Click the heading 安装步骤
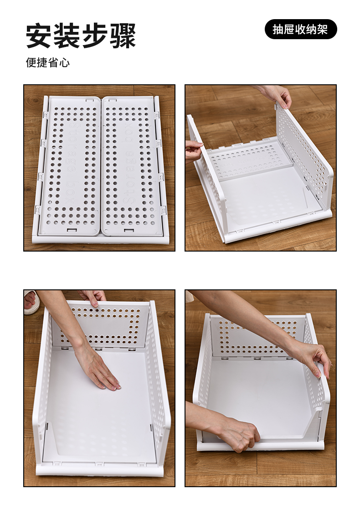click(81, 35)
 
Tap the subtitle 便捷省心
click(48, 62)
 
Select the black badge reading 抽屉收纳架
click(300, 30)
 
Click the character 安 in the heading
click(39, 35)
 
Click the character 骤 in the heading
click(123, 35)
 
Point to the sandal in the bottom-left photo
click(31, 302)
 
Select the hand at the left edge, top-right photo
click(194, 151)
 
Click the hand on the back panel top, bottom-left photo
click(93, 297)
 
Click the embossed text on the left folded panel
click(72, 164)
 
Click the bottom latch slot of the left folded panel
click(72, 230)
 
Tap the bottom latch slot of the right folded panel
click(129, 231)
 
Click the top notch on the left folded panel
click(90, 100)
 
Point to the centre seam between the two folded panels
click(101, 165)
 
